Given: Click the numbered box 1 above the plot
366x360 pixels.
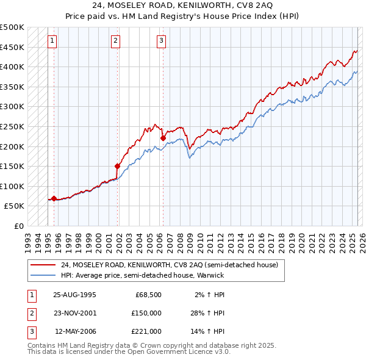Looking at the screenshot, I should pyautogui.click(x=52, y=41).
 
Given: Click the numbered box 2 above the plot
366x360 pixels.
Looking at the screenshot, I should pyautogui.click(x=115, y=41).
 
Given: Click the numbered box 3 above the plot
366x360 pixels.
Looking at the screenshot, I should pyautogui.click(x=161, y=41).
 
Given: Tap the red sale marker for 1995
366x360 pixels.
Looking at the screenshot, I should pyautogui.click(x=54, y=198).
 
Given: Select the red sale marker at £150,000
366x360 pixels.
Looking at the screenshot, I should pyautogui.click(x=117, y=165).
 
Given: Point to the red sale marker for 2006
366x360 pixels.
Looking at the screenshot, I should pyautogui.click(x=163, y=138).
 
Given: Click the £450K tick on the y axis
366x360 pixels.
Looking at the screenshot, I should pyautogui.click(x=13, y=47).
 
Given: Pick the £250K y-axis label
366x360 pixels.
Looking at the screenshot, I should pyautogui.click(x=13, y=126).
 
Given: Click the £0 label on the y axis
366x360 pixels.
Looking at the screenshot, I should pyautogui.click(x=19, y=226).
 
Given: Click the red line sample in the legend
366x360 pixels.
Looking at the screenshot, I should pyautogui.click(x=43, y=265).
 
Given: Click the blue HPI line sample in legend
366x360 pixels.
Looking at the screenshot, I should pyautogui.click(x=43, y=275).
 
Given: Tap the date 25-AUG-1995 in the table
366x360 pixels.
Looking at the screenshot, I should pyautogui.click(x=74, y=295).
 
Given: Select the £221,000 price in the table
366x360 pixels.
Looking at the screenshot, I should pyautogui.click(x=147, y=331).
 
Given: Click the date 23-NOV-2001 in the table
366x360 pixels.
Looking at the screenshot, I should pyautogui.click(x=74, y=313).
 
